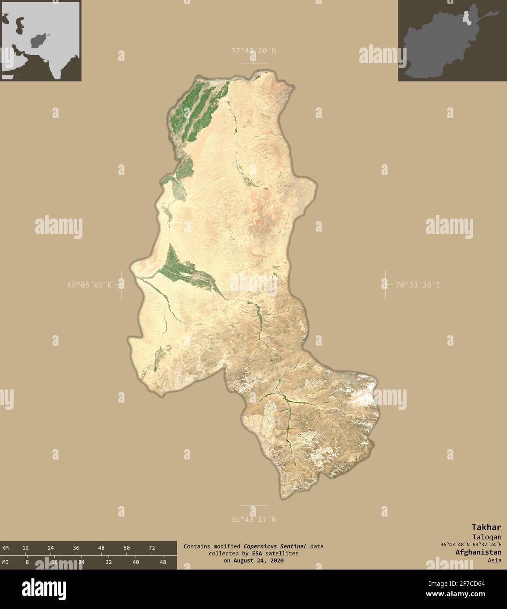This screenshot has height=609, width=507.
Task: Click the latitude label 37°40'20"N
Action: point(253,51)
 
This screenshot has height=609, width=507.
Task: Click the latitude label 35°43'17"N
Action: point(253,520)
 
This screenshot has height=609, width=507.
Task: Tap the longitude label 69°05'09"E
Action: point(89,285)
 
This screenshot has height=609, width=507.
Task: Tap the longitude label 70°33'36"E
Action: point(418,285)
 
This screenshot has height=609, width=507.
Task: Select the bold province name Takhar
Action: point(486,527)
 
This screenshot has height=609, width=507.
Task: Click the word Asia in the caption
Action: point(494,560)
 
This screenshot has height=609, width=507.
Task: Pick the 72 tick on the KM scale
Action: point(152,548)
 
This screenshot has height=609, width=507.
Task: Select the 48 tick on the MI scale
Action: point(163,562)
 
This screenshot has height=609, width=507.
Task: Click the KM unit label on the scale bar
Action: point(5,548)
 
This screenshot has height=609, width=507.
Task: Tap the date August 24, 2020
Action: point(258,560)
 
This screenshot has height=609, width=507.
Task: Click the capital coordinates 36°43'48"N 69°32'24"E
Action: point(471,545)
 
